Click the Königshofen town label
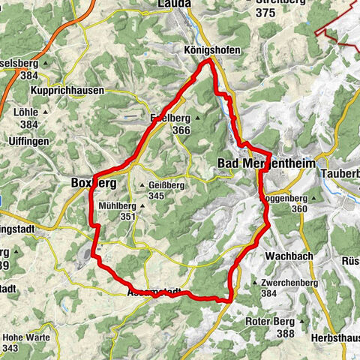[190, 50]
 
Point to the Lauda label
[175, 4]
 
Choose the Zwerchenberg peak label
[298, 283]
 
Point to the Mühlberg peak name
[118, 205]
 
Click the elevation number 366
[181, 130]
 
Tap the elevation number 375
[265, 13]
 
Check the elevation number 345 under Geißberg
[156, 196]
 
